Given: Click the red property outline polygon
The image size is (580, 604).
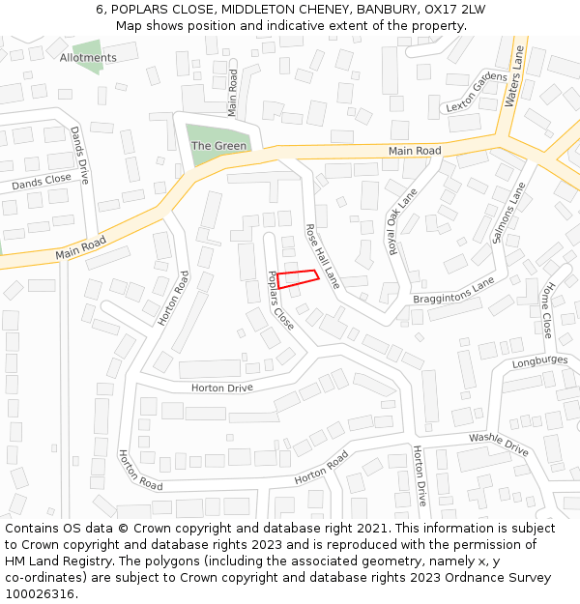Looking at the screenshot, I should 298,279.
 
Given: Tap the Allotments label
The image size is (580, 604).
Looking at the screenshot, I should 88,58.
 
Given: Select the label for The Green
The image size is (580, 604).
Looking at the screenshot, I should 218,146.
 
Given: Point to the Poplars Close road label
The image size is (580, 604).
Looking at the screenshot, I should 280,300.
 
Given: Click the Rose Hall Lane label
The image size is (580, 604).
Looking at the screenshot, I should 323,257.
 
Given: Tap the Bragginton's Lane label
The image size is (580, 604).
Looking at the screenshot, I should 453,291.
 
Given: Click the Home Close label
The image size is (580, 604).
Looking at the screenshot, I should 547,310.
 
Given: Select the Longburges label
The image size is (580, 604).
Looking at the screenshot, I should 539,362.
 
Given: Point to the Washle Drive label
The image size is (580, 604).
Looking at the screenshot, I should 499,444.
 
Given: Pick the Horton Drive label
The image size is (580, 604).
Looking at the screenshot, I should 221,388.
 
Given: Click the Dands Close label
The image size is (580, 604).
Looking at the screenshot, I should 42,181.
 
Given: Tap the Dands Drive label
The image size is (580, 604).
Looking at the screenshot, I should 79,155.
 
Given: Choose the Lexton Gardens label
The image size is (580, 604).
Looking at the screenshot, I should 477,92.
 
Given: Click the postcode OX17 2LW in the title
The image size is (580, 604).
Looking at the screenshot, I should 458,10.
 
